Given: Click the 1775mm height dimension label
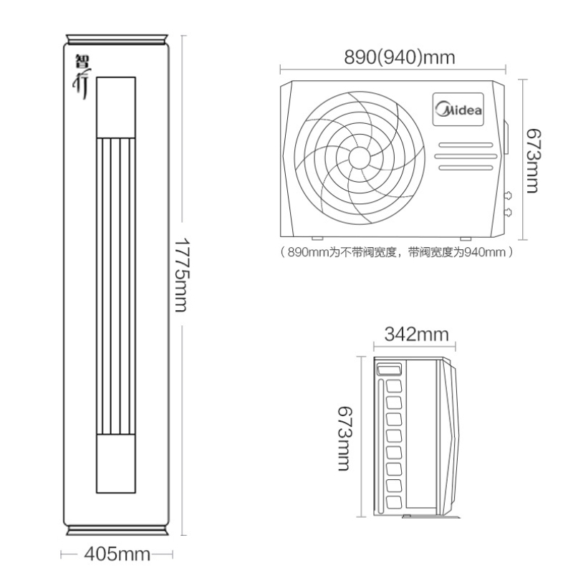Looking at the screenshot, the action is click(x=181, y=275).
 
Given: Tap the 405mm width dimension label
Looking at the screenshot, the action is click(x=117, y=554).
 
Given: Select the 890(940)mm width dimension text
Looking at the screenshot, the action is click(x=400, y=57).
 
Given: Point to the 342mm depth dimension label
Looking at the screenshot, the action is click(x=416, y=334).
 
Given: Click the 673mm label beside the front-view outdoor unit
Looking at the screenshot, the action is click(x=532, y=160).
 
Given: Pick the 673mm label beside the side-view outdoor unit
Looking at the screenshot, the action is click(x=344, y=438).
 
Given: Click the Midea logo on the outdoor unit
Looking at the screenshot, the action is click(x=458, y=110).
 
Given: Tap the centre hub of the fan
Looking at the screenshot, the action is click(x=360, y=158).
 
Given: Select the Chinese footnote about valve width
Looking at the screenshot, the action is click(x=397, y=252).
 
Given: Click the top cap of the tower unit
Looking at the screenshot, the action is click(x=117, y=39).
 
